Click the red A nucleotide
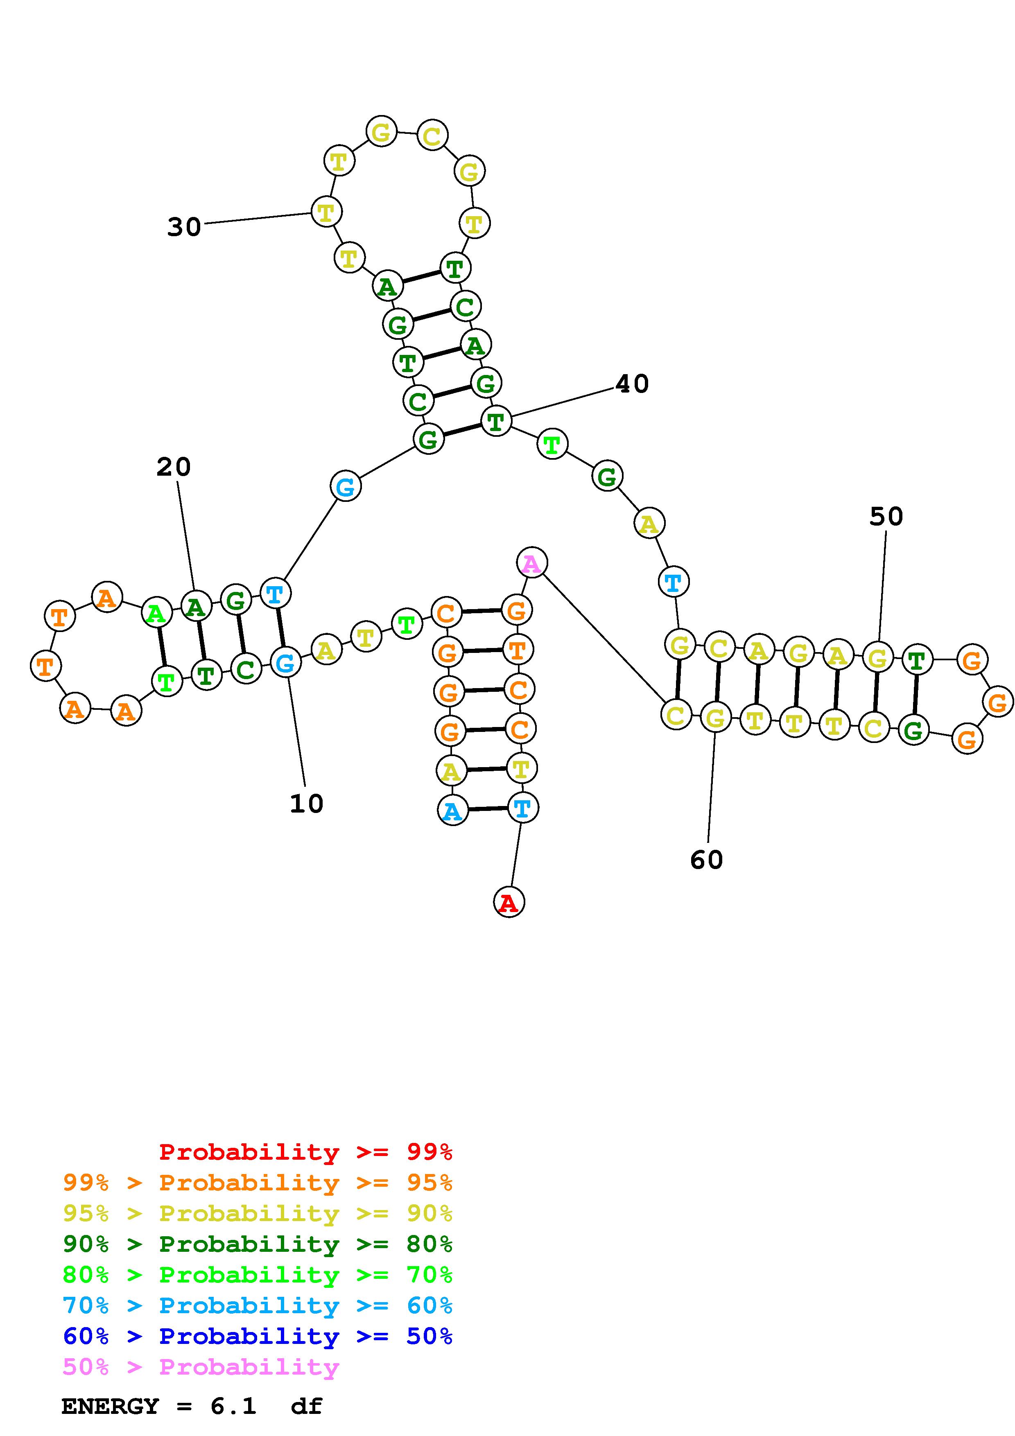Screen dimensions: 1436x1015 pos(509,902)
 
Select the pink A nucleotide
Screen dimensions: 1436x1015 pos(531,562)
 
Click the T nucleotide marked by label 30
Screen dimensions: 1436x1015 pos(326,212)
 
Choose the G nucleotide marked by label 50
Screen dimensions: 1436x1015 pos(877,657)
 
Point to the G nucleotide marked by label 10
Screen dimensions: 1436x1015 pos(286,662)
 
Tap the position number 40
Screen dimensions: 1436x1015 pos(632,384)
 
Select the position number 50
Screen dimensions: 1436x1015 pos(886,517)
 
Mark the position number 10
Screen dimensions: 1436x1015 pos(306,804)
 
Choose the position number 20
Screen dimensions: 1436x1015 pos(173,467)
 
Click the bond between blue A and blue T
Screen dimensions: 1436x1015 pos(487,809)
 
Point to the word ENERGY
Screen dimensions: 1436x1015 pos(110,1407)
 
